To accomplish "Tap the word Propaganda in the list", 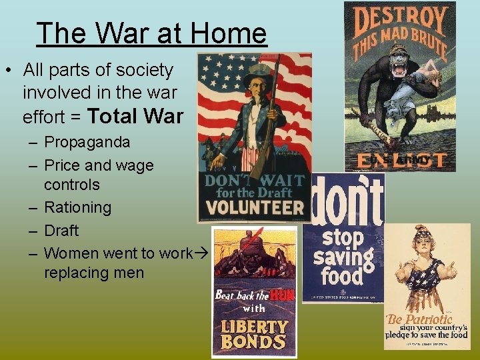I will [87, 142].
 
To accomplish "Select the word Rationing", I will [77, 207].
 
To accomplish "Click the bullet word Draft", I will [61, 230].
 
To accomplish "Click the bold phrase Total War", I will [135, 116].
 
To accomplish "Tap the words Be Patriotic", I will [421, 319].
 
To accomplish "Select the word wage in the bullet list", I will [134, 165].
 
